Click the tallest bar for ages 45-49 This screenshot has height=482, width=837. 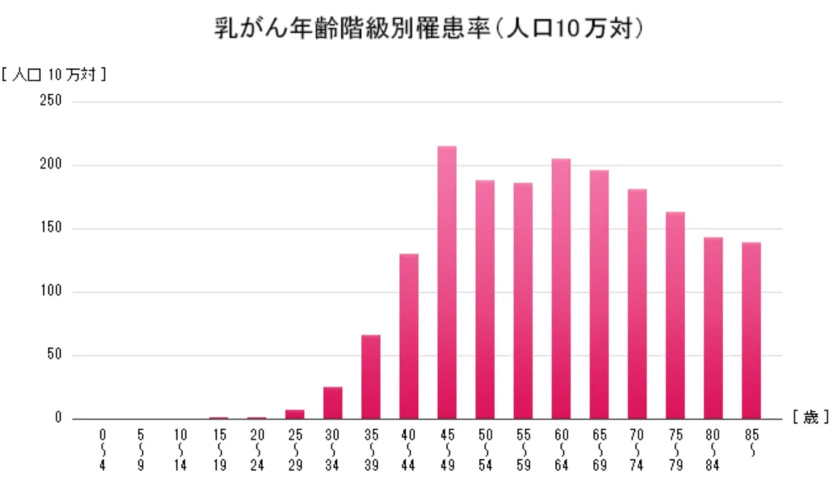(447, 282)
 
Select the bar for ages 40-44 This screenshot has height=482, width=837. (409, 336)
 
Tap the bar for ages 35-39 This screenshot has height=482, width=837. (371, 377)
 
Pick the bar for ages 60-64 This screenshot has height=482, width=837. (561, 289)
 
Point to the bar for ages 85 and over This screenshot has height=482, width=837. (751, 330)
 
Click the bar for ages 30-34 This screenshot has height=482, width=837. (333, 403)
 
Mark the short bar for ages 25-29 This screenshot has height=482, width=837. (295, 414)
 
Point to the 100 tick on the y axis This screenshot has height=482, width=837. (53, 292)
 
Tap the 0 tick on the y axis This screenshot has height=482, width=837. (58, 419)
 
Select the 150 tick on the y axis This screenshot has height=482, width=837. (53, 228)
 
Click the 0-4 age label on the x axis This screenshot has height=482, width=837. (103, 450)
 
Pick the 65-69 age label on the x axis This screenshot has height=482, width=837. (599, 450)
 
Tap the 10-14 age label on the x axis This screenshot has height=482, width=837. (181, 450)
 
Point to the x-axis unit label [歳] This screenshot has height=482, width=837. (810, 418)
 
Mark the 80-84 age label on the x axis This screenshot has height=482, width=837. (713, 450)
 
